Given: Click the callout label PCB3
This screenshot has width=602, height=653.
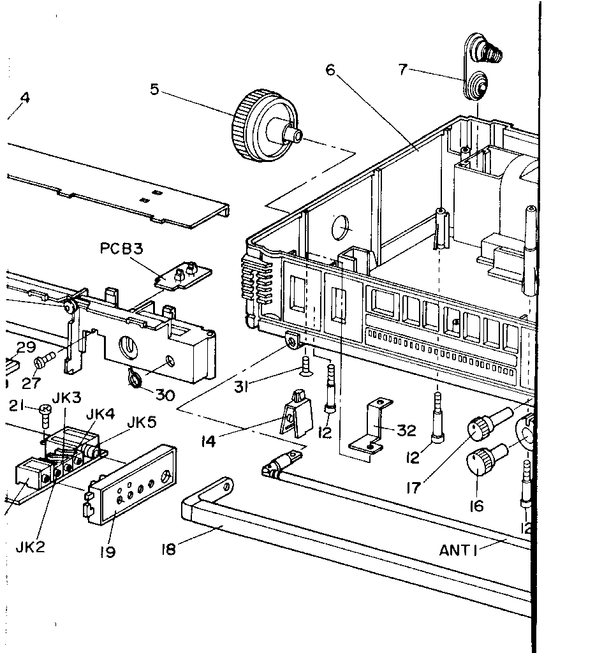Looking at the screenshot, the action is (x=122, y=249).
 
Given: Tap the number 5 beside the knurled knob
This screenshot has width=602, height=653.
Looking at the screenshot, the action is (x=154, y=89).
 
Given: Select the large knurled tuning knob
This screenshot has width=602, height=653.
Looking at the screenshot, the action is (x=267, y=125).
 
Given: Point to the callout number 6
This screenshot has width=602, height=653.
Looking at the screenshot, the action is (x=330, y=70).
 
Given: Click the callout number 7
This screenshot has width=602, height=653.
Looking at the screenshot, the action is (x=402, y=69).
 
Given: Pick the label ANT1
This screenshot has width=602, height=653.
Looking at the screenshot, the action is (x=458, y=550).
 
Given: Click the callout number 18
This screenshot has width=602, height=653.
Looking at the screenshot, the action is (x=168, y=549).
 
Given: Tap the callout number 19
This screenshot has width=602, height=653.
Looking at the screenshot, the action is (x=107, y=552).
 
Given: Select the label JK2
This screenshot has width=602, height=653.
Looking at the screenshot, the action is (x=30, y=547).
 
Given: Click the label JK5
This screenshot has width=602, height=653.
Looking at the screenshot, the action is (x=142, y=422).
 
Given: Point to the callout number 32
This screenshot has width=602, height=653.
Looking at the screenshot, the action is (x=406, y=430).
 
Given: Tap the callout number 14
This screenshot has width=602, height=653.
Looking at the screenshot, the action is (x=208, y=441).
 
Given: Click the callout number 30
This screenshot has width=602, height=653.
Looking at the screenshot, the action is (x=165, y=395).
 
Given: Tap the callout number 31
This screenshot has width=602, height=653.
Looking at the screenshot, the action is (x=241, y=387).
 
